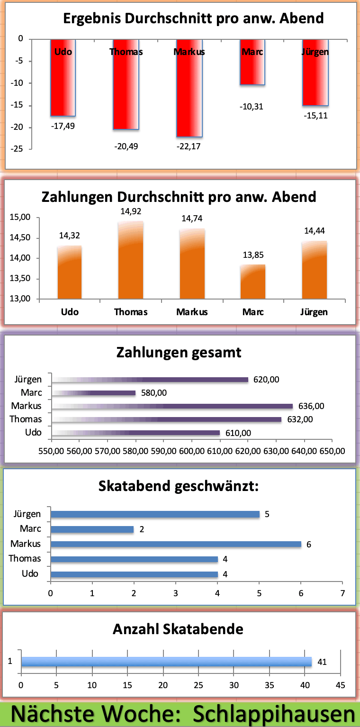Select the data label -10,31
(252, 107)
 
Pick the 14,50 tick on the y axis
(20, 238)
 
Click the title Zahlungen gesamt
(179, 353)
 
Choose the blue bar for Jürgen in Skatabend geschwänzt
(155, 514)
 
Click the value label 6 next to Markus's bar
(309, 545)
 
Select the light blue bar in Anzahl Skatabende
(166, 662)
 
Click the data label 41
(322, 662)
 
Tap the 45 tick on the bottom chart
(341, 685)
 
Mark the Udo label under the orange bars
(70, 312)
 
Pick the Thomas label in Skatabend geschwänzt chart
(25, 559)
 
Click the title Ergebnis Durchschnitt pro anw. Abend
(193, 18)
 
